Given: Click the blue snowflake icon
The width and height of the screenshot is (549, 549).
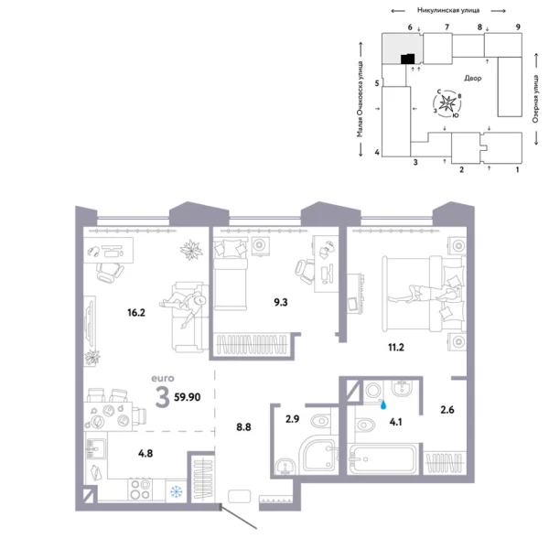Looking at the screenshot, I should click(175, 492).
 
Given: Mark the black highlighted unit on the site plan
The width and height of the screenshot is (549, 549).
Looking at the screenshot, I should click(405, 59).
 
